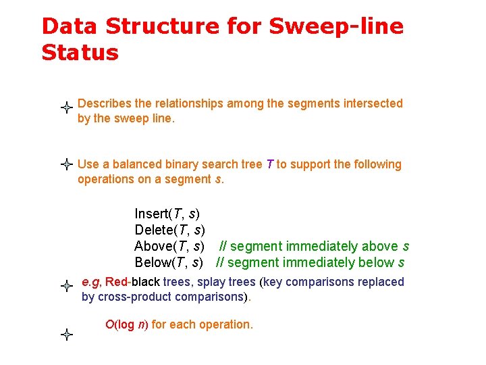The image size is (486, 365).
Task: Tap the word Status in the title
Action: [x=80, y=53]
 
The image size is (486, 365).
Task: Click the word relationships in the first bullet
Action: [x=190, y=103]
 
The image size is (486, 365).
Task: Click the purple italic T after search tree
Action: [x=270, y=164]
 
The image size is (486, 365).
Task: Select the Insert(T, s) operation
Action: [x=167, y=214]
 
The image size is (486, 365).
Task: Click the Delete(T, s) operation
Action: [x=169, y=230]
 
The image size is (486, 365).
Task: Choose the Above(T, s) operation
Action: [x=169, y=247]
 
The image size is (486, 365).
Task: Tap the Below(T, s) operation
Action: [x=169, y=263]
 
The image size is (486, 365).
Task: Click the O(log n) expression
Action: [x=126, y=324]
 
